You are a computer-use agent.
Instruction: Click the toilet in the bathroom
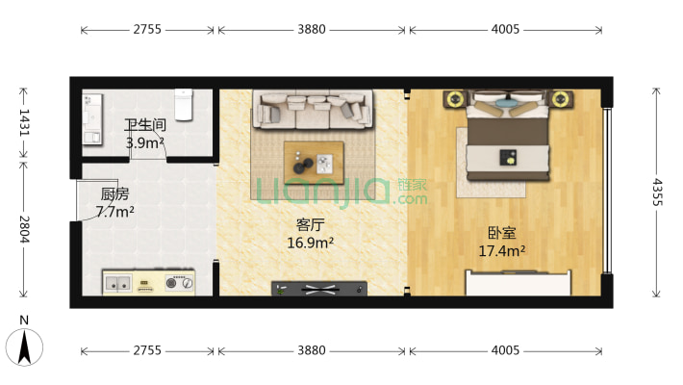(x=184, y=105)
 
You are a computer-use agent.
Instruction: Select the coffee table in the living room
(x=314, y=163)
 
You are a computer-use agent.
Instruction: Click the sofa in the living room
(x=313, y=110)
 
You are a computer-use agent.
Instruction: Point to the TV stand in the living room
(x=319, y=288)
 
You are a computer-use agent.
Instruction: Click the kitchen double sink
(x=117, y=283)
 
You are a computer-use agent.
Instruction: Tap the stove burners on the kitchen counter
(x=179, y=283)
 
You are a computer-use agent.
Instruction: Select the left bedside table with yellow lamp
(x=455, y=99)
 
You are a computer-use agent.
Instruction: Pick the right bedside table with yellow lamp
(x=561, y=99)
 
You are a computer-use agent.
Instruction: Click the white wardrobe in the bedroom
(x=519, y=283)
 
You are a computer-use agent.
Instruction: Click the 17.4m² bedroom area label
(x=502, y=251)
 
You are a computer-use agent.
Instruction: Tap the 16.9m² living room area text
(x=310, y=243)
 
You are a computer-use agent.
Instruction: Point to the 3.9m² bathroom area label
(x=144, y=142)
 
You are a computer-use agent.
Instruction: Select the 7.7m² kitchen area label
(x=115, y=212)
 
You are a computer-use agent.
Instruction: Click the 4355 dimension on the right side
(x=657, y=192)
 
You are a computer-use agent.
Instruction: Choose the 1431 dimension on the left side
(x=24, y=123)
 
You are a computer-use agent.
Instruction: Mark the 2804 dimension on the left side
(x=24, y=229)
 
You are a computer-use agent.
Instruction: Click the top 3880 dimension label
(x=312, y=29)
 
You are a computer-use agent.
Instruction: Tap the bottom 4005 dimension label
(x=505, y=350)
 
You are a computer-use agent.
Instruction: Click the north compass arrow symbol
(x=24, y=347)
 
